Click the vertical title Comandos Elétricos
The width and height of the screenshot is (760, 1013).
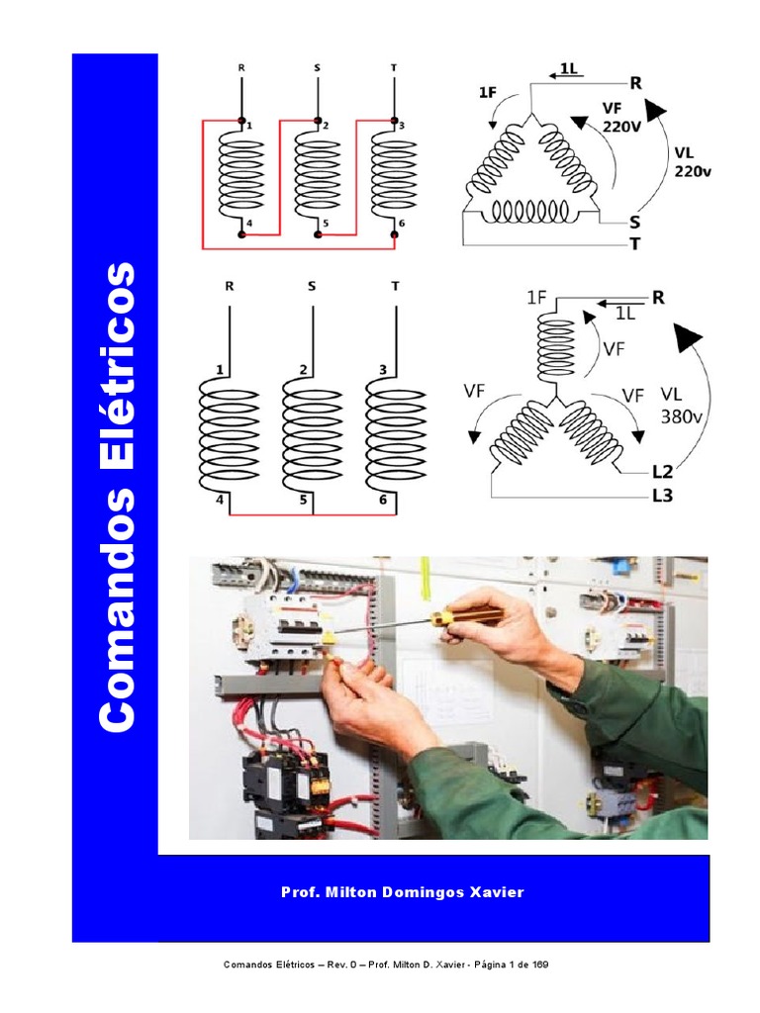tap(118, 498)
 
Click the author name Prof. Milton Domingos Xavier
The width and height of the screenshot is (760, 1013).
tap(403, 892)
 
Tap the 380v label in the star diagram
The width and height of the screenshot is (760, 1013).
tap(681, 414)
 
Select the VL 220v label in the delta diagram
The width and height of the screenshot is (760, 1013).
tap(693, 162)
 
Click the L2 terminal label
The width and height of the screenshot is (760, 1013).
tap(661, 474)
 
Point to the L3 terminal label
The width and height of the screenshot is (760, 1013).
tap(661, 497)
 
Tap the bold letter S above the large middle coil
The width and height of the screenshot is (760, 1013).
tap(312, 288)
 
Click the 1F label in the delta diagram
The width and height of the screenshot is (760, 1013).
tap(488, 92)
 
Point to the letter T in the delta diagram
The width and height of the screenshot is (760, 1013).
tap(634, 244)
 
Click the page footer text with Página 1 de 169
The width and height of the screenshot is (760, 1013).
tap(393, 965)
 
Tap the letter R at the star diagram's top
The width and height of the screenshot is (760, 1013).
tap(657, 297)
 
